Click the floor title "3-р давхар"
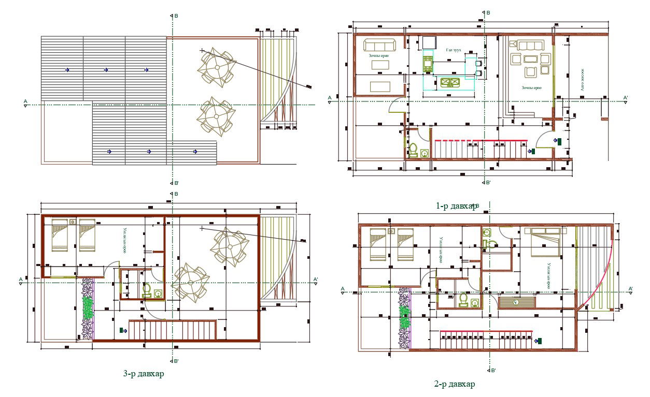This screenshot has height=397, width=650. [143, 374]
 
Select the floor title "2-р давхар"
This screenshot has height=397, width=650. [454, 384]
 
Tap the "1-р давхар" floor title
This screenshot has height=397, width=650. [456, 206]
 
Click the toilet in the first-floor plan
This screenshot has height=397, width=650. [414, 150]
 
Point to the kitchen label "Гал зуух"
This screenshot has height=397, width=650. [453, 50]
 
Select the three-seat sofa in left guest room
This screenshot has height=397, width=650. [379, 45]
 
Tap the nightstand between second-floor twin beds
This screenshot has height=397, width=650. [391, 231]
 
